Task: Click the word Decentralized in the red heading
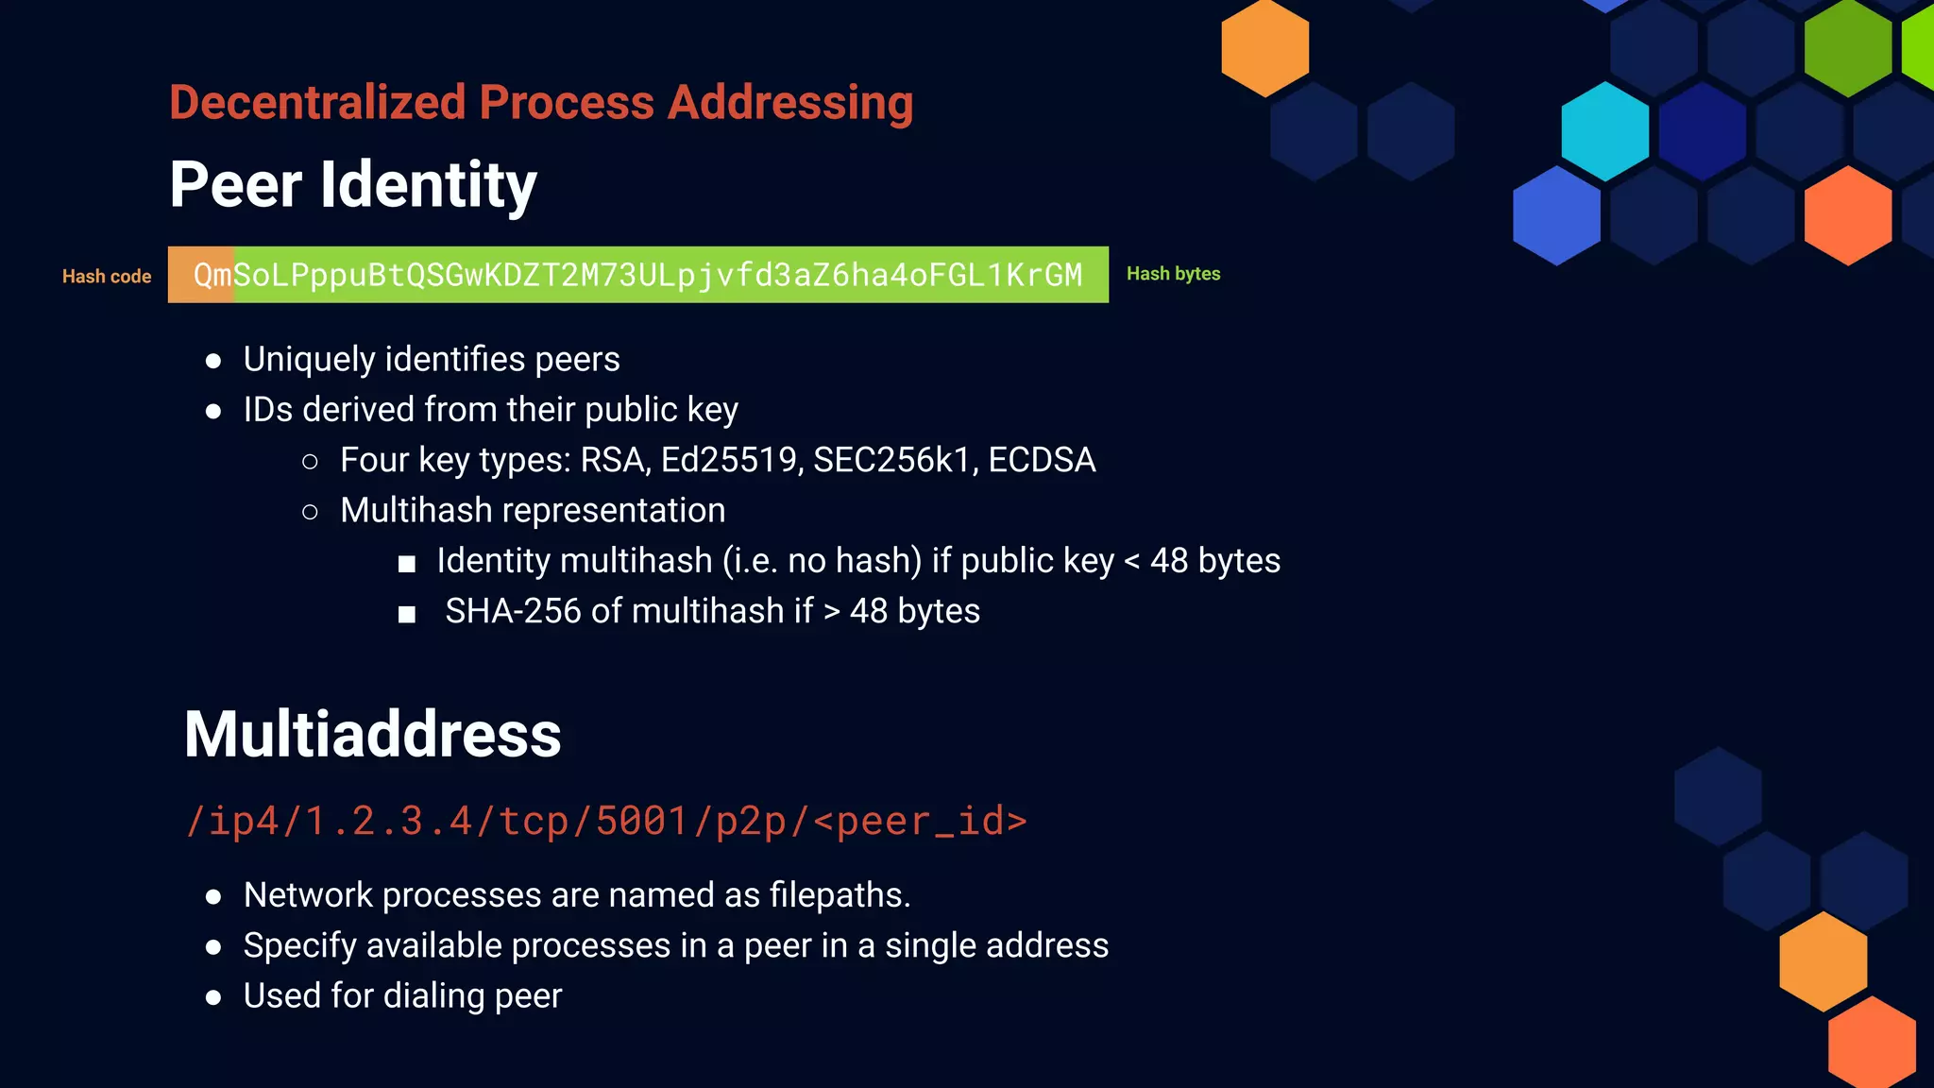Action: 317,102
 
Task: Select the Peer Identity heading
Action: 352,184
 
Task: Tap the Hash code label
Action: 107,277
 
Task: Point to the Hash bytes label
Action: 1173,274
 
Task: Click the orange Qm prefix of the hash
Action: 212,275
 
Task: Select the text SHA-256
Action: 513,611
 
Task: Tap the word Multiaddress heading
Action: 372,734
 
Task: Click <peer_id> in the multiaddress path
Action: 920,821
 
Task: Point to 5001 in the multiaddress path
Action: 641,821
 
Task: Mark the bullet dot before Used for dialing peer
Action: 213,997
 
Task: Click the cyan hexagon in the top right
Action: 1604,131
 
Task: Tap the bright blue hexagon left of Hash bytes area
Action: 1556,215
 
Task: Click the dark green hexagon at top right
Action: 1847,47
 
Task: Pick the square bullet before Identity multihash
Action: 407,564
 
